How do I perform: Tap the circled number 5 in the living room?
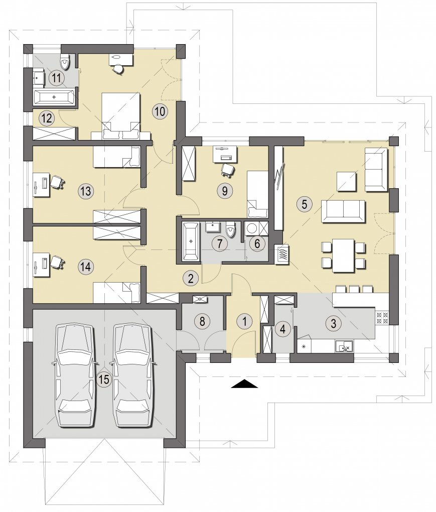(305, 204)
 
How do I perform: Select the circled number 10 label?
(160, 111)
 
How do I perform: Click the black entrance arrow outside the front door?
(245, 383)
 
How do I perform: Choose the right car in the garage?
(133, 375)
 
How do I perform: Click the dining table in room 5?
(343, 255)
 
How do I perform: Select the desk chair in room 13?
(57, 182)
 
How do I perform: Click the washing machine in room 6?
(252, 228)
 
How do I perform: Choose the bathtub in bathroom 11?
(54, 97)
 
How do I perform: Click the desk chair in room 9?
(228, 170)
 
